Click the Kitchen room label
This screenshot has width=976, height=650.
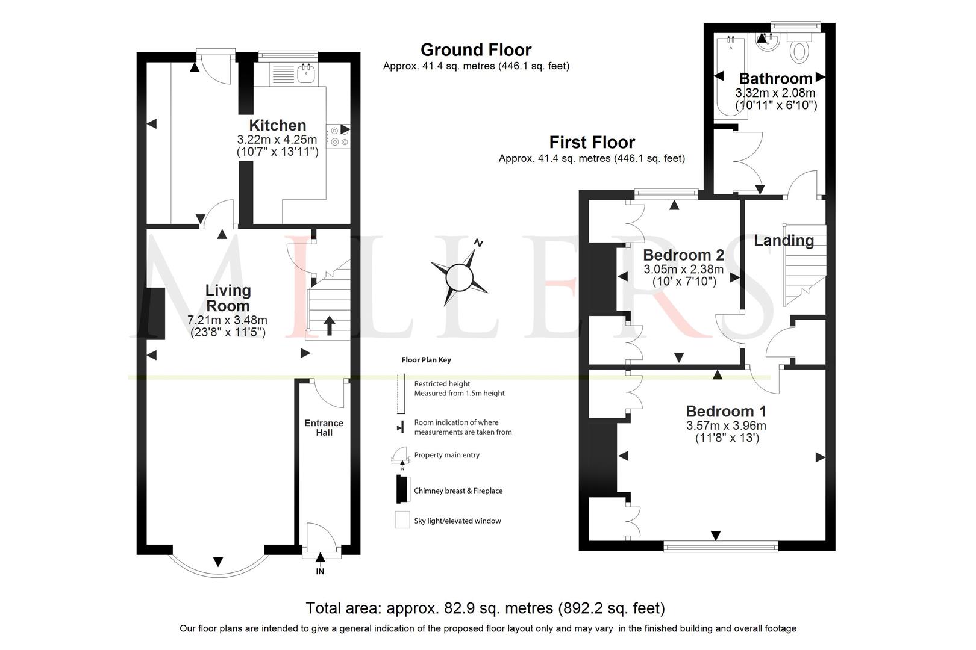pos(278,125)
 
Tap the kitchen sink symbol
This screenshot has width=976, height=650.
pos(306,74)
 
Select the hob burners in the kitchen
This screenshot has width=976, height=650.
pos(338,136)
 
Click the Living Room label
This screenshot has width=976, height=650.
pos(228,297)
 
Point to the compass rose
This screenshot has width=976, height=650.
pos(460,277)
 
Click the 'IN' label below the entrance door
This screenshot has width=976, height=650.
pos(320,571)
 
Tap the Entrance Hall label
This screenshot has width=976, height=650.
pos(324,427)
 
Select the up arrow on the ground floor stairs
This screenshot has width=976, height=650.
pos(330,325)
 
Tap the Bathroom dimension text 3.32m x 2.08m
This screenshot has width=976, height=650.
pos(775,93)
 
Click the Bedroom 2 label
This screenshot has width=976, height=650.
pos(683,255)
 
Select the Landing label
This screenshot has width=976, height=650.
pos(784,240)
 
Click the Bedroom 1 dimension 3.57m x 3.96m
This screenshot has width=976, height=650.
pos(726,426)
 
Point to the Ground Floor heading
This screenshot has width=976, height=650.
pos(476,49)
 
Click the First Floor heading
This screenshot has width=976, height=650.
pos(592,142)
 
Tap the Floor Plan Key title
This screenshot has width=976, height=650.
pos(426,360)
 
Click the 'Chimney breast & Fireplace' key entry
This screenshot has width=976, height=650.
pos(458,491)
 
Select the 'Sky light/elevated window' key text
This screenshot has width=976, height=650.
pos(457,521)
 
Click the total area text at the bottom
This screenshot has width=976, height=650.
pos(485,608)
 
